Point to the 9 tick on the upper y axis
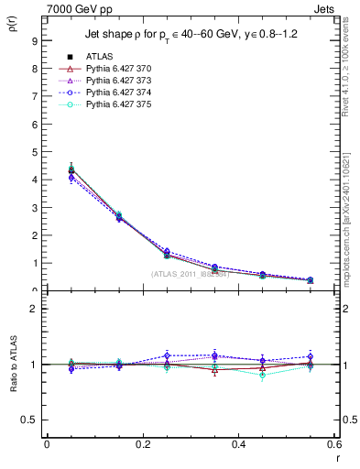click(34, 40)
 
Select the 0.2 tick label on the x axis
click(142, 444)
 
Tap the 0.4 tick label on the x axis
click(238, 444)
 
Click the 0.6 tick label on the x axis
click(333, 444)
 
